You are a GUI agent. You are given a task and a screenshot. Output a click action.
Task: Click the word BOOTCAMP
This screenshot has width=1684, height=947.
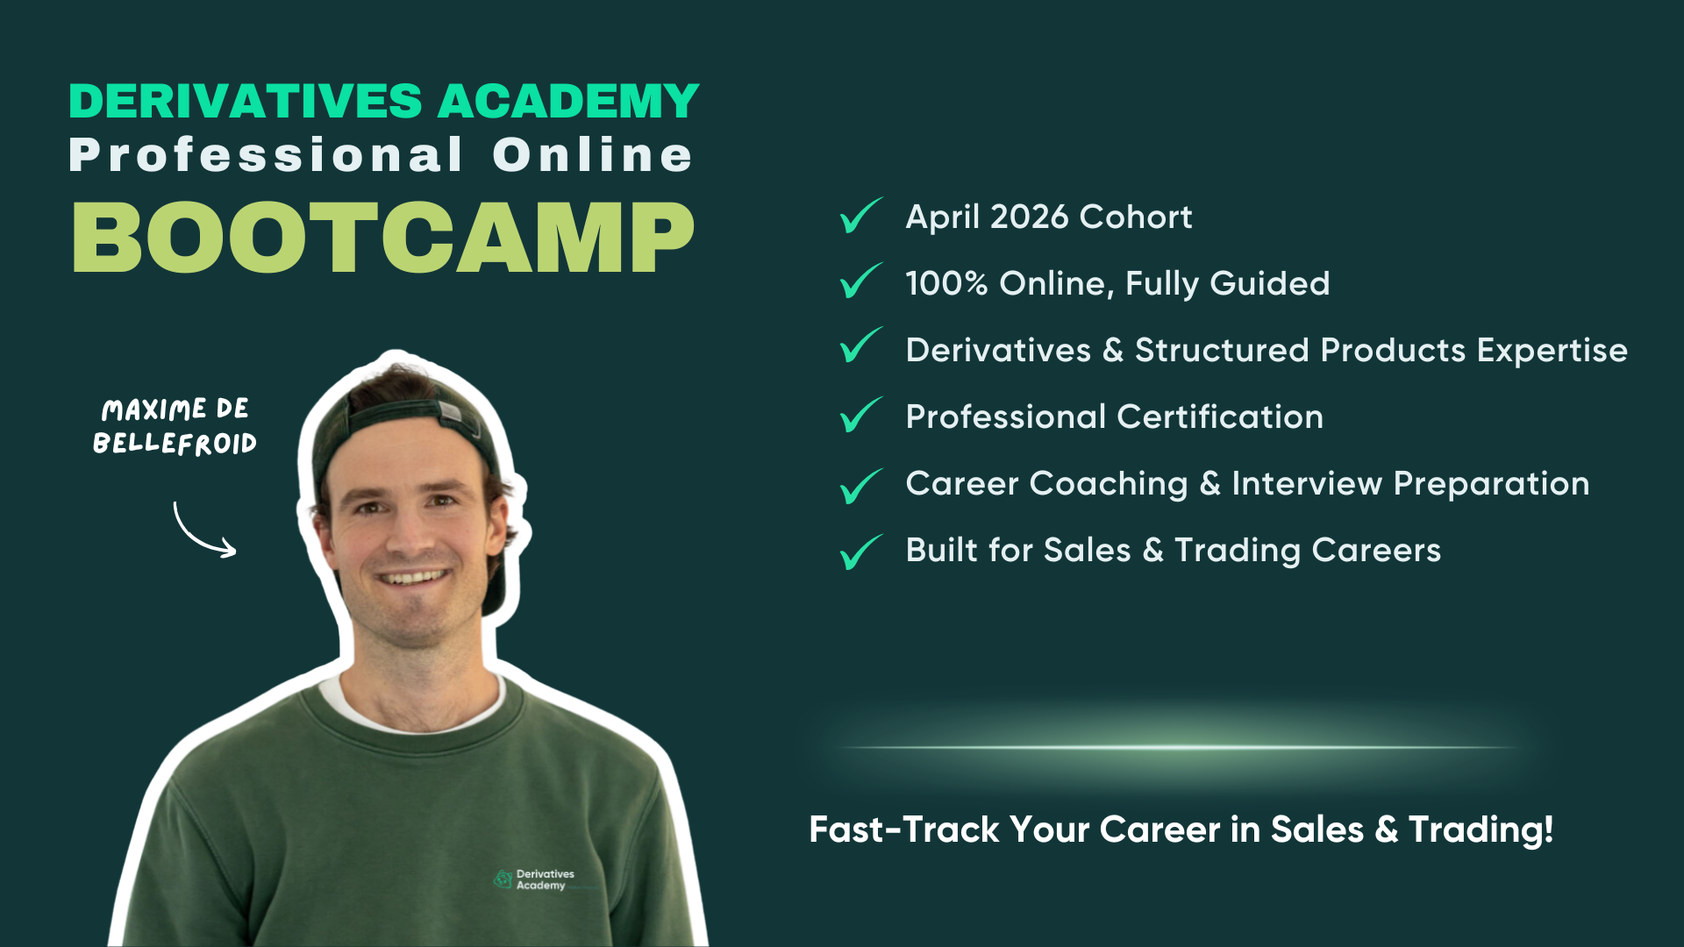(x=383, y=238)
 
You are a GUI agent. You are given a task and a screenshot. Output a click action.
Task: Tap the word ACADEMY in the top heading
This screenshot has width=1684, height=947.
(x=568, y=101)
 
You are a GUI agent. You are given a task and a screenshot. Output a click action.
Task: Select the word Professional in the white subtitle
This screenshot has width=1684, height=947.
(x=266, y=155)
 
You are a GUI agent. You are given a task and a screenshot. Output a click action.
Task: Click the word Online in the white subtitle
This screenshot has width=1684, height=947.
(x=593, y=155)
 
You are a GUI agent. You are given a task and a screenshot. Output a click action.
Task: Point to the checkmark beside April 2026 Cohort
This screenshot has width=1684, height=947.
(x=860, y=216)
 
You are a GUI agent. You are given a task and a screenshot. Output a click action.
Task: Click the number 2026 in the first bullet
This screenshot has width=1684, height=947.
(x=1029, y=217)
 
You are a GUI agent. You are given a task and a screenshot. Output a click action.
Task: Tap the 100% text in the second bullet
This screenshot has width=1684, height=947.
(x=947, y=283)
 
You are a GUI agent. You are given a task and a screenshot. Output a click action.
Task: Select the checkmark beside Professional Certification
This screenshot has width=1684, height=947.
(x=860, y=415)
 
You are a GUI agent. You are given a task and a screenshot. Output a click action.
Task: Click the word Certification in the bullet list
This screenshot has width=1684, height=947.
(x=1220, y=417)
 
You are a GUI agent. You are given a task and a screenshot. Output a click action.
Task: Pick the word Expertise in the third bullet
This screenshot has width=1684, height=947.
(x=1552, y=351)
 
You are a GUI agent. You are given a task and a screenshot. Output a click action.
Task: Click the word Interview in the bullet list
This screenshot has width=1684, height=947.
(x=1307, y=483)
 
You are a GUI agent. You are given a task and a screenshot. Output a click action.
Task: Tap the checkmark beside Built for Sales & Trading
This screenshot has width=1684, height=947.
(x=860, y=552)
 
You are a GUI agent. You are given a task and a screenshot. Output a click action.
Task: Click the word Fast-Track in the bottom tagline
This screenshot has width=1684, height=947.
(x=903, y=830)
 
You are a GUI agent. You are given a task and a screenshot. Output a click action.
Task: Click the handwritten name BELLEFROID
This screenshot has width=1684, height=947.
(x=175, y=443)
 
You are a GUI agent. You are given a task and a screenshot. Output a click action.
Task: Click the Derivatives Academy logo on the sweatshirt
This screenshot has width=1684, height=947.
(x=534, y=879)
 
